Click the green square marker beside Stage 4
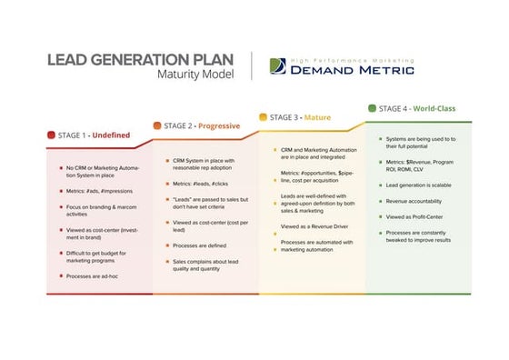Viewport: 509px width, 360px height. pyautogui.click(x=372, y=108)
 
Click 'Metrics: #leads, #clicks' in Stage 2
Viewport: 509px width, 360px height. pyautogui.click(x=205, y=183)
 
